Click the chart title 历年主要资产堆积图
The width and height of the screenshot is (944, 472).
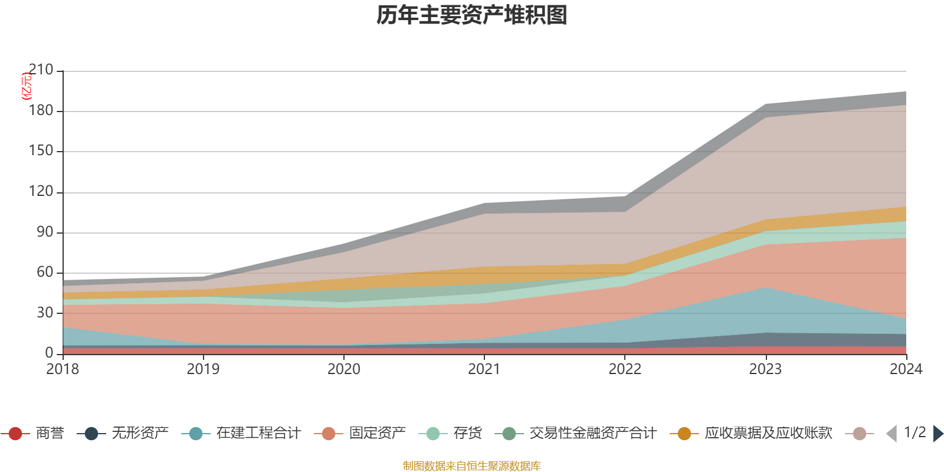coord(472,15)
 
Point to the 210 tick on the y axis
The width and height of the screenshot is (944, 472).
coord(41,70)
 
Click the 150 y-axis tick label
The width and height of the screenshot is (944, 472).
coord(41,151)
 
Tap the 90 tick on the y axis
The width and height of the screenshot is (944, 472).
coord(45,232)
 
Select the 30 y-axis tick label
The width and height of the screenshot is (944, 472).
coord(45,313)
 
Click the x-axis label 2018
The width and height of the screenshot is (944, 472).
coord(63,369)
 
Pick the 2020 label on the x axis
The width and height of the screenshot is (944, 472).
coord(344,369)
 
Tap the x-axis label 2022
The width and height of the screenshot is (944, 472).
coord(625,369)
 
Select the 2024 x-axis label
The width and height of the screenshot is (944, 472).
coord(906,369)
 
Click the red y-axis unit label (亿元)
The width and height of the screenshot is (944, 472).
coord(27,86)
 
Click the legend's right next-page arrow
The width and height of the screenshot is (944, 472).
coord(938,434)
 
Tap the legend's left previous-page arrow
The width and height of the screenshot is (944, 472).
coord(891,434)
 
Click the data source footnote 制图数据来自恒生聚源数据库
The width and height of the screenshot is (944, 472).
coord(472,466)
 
